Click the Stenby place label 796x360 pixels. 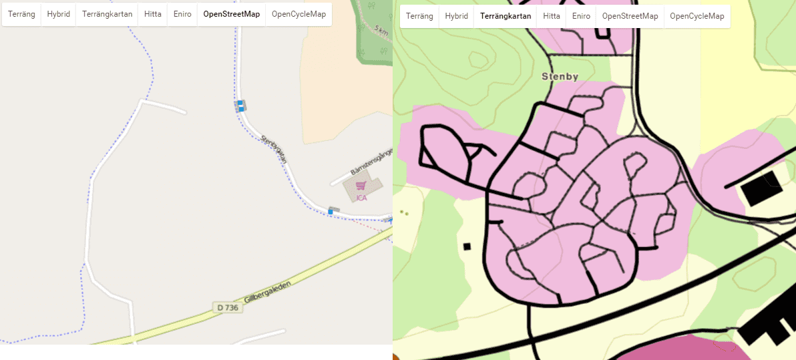click(560, 77)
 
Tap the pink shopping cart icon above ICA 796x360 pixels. click(361, 186)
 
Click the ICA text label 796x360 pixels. click(361, 197)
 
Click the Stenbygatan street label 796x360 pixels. click(274, 149)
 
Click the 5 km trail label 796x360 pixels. click(381, 30)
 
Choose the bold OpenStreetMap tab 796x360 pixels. click(232, 14)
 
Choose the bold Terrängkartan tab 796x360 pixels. click(506, 16)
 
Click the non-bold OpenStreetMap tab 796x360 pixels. click(630, 16)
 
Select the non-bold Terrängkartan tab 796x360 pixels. click(108, 14)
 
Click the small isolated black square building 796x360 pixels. click(467, 246)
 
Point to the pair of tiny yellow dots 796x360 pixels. click(404, 213)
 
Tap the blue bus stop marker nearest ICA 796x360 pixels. click(330, 212)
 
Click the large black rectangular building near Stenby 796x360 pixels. click(761, 188)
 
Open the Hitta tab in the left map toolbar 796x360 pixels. click(153, 14)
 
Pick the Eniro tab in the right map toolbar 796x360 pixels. click(581, 16)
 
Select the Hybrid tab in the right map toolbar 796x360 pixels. click(456, 16)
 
